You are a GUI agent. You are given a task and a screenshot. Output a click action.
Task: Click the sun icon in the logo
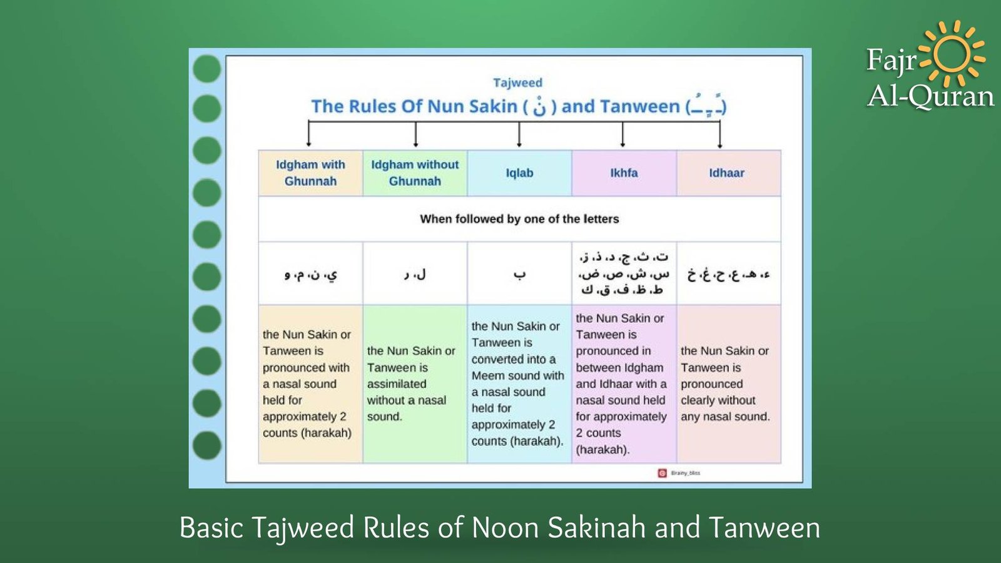click(x=952, y=54)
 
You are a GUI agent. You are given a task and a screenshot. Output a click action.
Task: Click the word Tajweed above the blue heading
click(x=517, y=83)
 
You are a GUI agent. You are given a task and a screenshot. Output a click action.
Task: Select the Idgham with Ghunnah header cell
click(x=310, y=173)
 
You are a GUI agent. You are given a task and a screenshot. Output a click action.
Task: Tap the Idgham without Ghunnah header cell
click(x=415, y=173)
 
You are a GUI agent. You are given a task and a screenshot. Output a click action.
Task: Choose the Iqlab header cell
click(x=519, y=173)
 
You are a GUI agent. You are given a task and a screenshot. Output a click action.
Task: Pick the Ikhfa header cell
click(x=624, y=173)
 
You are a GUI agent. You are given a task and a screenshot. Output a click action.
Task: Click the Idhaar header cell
click(x=726, y=173)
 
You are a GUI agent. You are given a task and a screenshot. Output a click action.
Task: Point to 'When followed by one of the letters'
click(x=519, y=219)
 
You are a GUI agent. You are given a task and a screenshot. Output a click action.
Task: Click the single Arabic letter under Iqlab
click(x=519, y=274)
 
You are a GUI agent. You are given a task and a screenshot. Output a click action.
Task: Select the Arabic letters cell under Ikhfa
click(x=624, y=273)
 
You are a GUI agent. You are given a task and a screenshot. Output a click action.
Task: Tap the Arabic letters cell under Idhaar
click(x=728, y=274)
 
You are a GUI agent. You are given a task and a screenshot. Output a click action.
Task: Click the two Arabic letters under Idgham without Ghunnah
click(x=415, y=274)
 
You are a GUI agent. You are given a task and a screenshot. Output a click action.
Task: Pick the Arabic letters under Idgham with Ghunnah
click(x=310, y=274)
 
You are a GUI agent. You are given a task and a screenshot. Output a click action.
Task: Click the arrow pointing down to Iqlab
click(x=519, y=135)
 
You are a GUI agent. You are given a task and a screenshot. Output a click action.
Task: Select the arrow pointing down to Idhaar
click(x=719, y=135)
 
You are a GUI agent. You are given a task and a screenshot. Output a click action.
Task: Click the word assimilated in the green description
click(x=397, y=384)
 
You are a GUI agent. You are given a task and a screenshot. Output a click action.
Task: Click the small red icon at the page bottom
click(x=662, y=473)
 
